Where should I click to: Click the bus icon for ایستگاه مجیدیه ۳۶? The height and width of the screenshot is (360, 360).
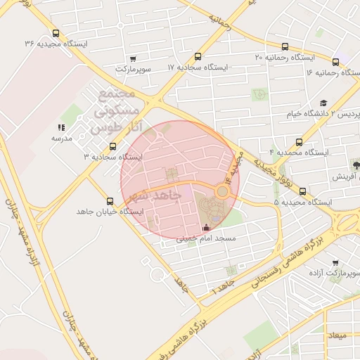[x=56, y=33]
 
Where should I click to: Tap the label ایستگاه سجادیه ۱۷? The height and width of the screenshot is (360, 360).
[x=199, y=67]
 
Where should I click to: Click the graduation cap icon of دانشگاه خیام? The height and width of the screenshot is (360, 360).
[x=323, y=103]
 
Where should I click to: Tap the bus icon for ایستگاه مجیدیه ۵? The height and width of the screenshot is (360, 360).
[x=302, y=191]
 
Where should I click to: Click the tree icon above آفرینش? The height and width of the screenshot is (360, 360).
[x=356, y=165]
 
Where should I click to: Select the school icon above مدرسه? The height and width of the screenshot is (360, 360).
[x=60, y=128]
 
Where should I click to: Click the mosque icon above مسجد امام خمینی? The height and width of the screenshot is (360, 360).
[x=205, y=228]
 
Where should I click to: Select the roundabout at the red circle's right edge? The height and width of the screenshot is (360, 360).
[x=222, y=191]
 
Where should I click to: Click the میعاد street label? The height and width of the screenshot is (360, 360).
[x=337, y=336]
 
